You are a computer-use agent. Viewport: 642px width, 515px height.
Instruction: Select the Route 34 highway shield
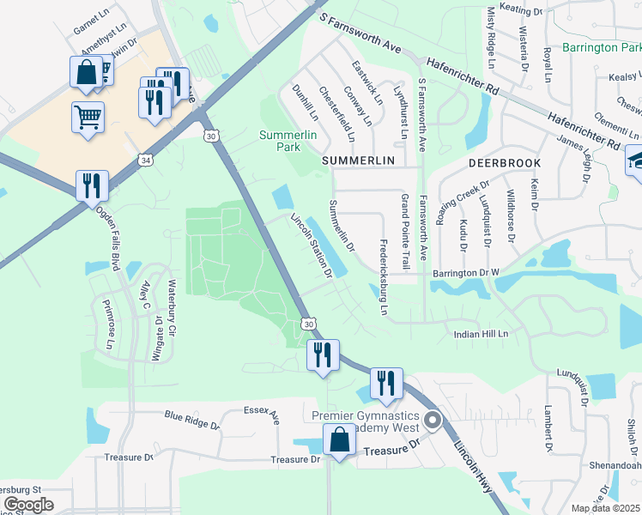pos(147,161)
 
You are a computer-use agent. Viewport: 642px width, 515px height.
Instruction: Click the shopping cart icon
pos(88,116)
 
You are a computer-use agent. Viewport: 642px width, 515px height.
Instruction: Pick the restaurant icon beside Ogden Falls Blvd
pos(91,185)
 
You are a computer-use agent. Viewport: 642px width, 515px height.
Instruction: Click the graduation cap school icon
pos(636,161)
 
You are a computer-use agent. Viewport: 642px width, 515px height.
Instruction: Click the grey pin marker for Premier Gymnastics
pos(433,421)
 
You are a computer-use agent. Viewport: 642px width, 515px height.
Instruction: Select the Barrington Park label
pos(602,47)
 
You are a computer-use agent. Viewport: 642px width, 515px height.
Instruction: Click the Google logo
pos(28,505)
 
